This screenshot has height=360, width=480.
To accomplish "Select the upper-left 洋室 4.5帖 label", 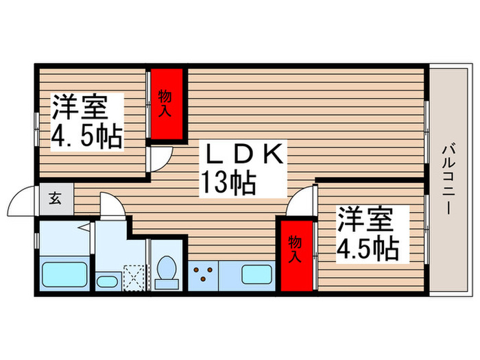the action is tap(86, 122).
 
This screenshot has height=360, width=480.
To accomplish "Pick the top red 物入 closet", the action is tap(167, 103).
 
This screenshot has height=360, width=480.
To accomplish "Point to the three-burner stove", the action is tap(203, 274).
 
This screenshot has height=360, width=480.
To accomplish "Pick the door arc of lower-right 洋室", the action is tap(301, 202).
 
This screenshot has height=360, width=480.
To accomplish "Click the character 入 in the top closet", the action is tap(165, 110).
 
